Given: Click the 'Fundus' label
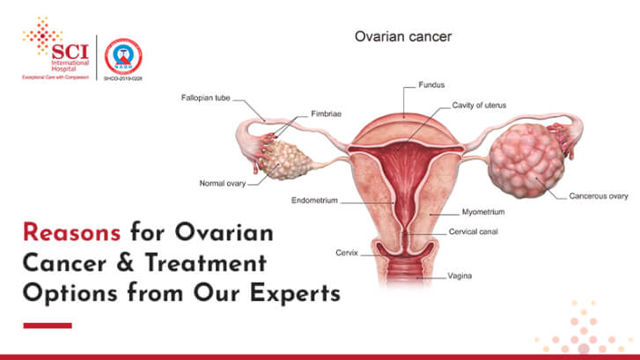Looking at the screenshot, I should coord(424,86).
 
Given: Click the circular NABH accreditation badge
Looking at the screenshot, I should coord(123,55).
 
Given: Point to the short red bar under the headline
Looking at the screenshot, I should coord(48,326).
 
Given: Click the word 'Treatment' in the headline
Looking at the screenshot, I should coord(192,263).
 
